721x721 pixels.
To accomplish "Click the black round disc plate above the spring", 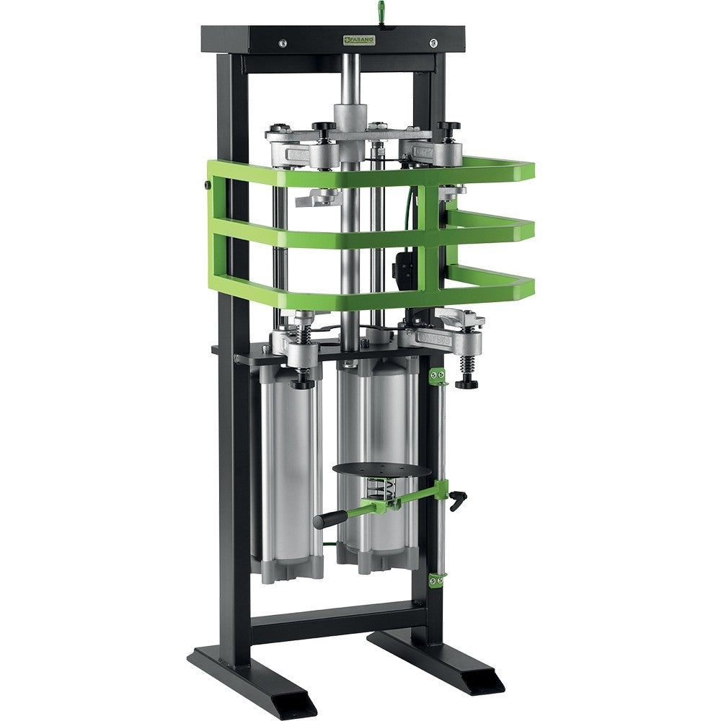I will pos(381,470).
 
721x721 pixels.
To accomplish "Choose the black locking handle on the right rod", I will pos(457,499).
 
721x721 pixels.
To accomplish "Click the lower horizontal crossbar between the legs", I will pos(339,620).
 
